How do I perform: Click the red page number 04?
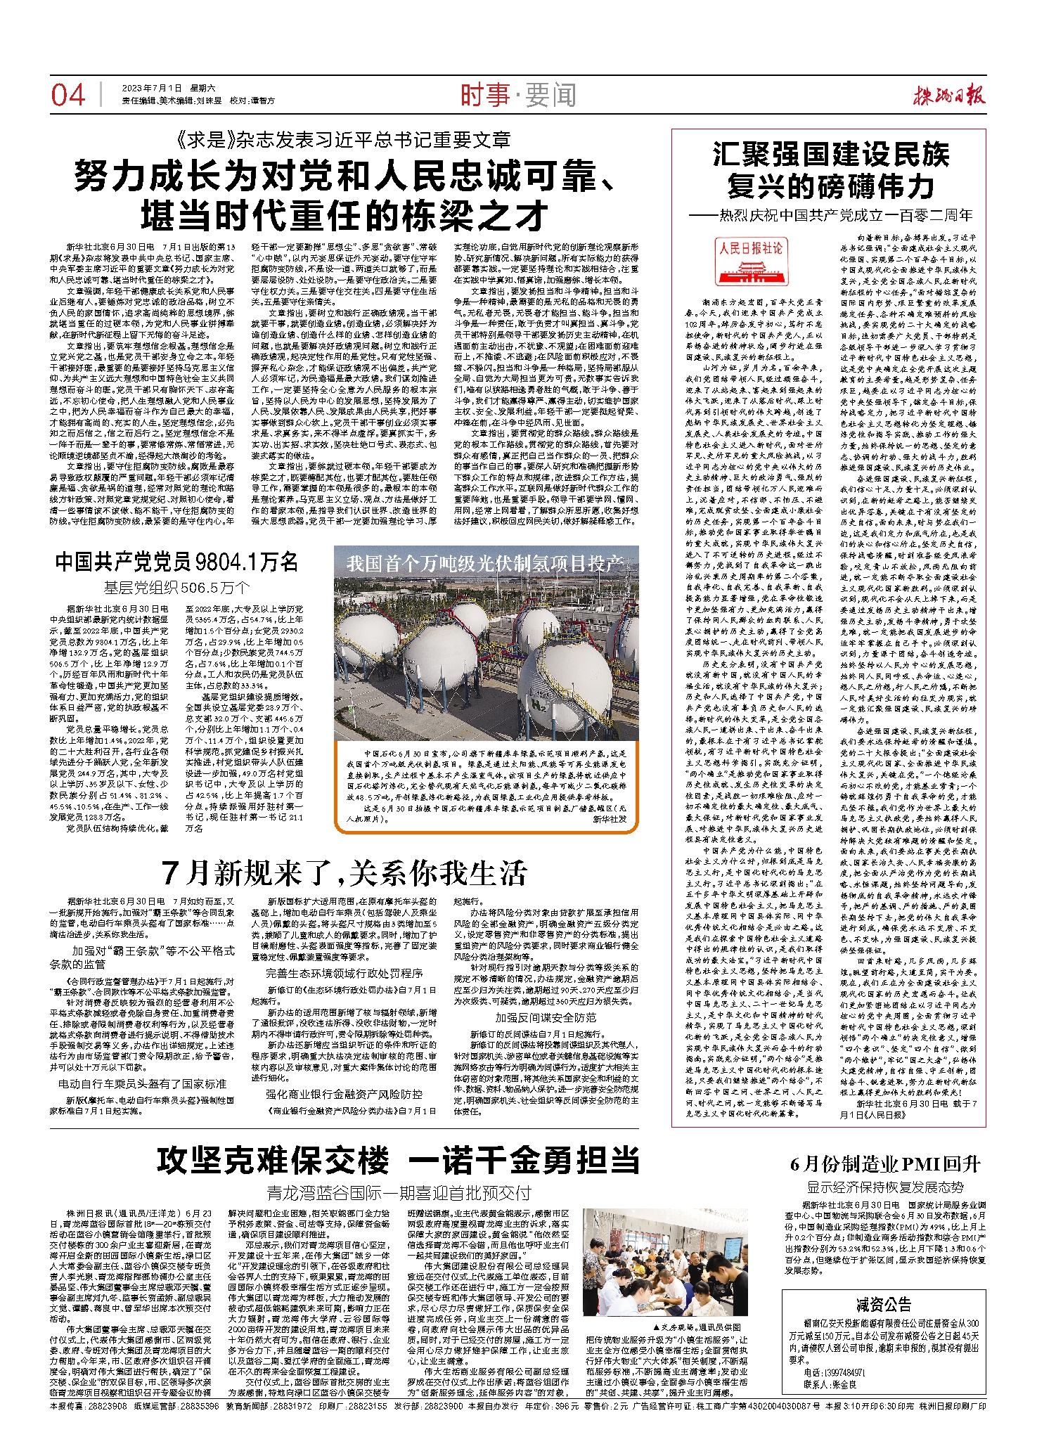pyautogui.click(x=68, y=95)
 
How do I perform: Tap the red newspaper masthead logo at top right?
pyautogui.click(x=948, y=96)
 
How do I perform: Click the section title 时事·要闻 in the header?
pyautogui.click(x=517, y=95)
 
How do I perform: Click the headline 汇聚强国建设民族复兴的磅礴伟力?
pyautogui.click(x=830, y=170)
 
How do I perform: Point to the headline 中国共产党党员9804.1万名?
pyautogui.click(x=177, y=562)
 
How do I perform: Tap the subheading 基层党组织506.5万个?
pyautogui.click(x=177, y=587)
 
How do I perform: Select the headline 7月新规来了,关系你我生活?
pyautogui.click(x=344, y=872)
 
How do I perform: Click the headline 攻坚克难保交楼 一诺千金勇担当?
pyautogui.click(x=399, y=1160)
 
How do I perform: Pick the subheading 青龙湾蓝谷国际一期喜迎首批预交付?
pyautogui.click(x=399, y=1193)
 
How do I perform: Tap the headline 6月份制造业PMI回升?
pyautogui.click(x=884, y=1164)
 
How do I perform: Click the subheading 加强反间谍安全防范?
pyautogui.click(x=545, y=1017)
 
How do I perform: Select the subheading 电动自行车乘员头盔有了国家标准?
pyautogui.click(x=142, y=1084)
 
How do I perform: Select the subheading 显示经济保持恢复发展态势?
pyautogui.click(x=884, y=1187)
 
